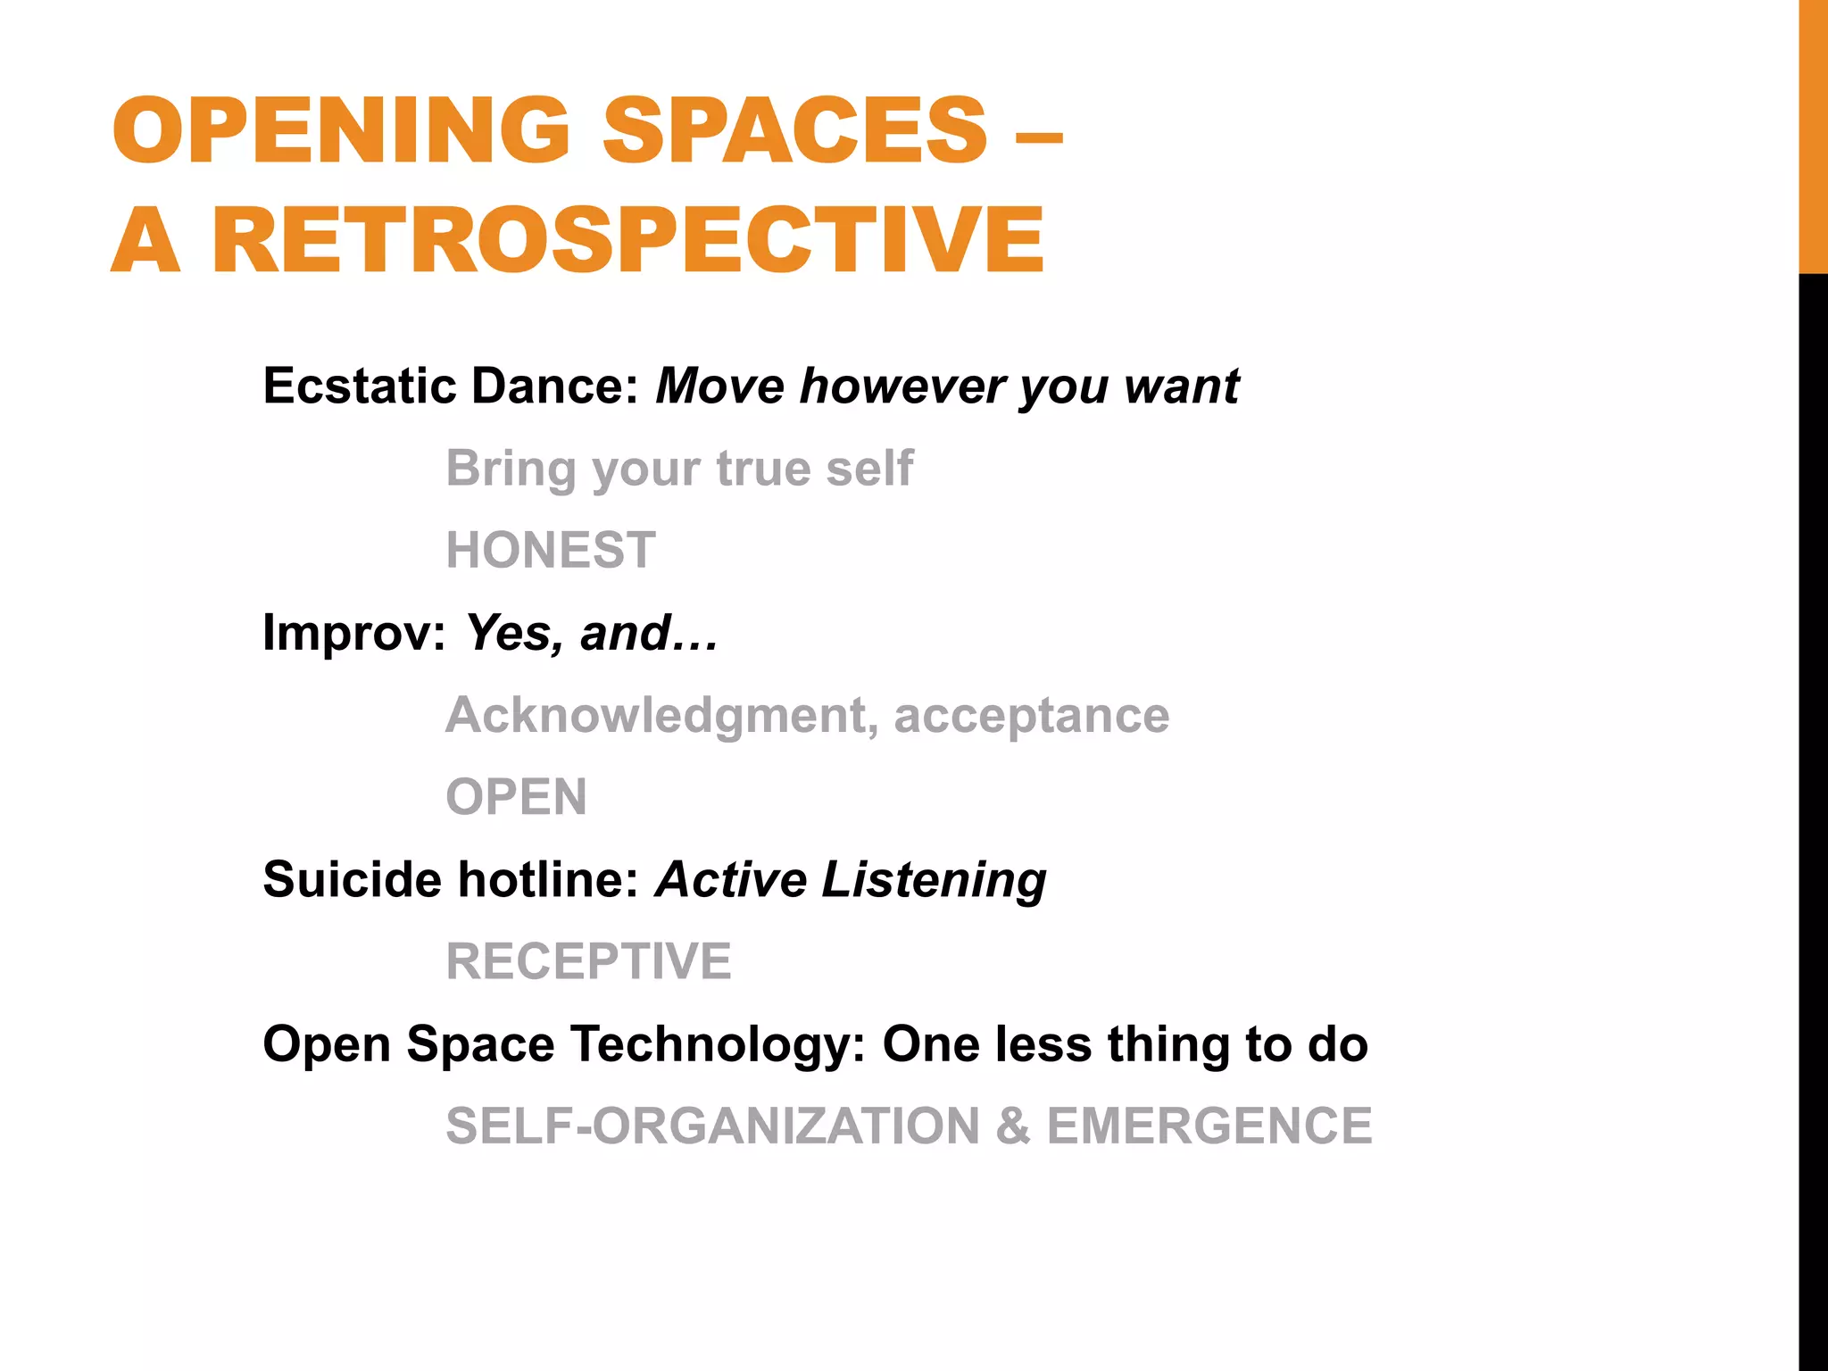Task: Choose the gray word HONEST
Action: (551, 550)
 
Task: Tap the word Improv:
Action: (353, 633)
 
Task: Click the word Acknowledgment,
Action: (661, 715)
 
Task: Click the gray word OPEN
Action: (516, 797)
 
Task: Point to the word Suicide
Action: (352, 879)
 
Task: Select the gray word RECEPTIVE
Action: (588, 961)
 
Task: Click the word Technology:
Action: (719, 1044)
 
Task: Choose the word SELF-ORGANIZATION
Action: (713, 1126)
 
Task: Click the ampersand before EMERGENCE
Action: (1012, 1126)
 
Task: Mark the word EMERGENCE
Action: (1209, 1126)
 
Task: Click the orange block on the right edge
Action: (1813, 136)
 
